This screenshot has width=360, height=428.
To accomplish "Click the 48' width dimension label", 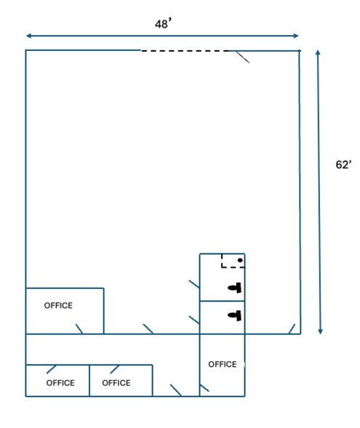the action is point(163,23).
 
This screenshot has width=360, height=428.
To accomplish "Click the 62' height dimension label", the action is point(343,165).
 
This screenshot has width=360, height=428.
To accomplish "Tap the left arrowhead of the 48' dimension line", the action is point(28,36).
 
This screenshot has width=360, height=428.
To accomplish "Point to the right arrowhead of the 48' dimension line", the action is point(296,36).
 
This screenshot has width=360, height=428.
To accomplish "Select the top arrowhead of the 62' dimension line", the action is point(318,52).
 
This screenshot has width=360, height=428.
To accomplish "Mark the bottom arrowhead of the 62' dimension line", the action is point(321,331).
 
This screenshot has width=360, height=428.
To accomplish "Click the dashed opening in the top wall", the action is point(185,51).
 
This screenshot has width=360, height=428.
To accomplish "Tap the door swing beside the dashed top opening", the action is point(243,57).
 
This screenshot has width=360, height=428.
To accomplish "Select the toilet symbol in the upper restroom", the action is point(235,288).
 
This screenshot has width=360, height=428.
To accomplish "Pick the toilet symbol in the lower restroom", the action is point(235,316).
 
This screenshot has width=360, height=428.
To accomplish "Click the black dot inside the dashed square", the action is point(240,261).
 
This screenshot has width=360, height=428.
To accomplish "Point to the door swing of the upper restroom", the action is point(194,284).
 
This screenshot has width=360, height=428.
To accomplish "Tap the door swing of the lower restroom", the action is point(194,320).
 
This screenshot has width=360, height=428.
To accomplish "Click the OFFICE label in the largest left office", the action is point(58,306).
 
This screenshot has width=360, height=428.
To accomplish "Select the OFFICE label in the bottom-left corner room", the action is point(60,383).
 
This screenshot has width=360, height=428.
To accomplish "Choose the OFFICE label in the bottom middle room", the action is point(116,383).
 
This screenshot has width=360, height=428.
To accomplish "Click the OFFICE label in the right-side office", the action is point(223,364).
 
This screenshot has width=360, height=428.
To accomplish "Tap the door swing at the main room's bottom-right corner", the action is point(292,329).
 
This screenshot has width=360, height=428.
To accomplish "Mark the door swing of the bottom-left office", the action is point(51,369).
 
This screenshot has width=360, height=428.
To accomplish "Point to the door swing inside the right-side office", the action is point(204,388).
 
